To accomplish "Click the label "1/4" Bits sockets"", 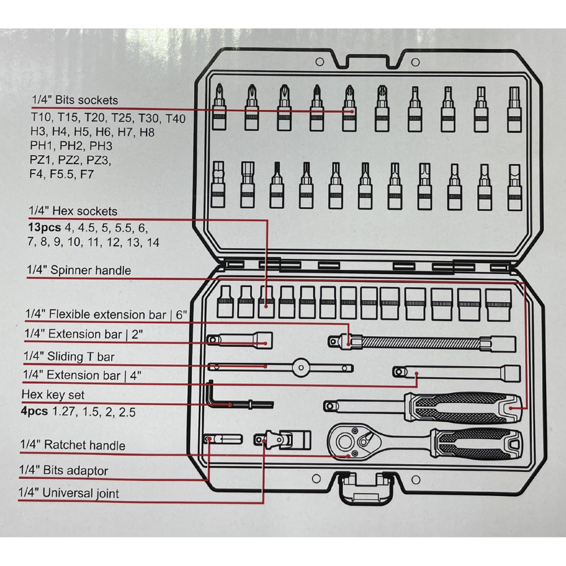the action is point(75,100).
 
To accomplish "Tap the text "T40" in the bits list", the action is point(175,118).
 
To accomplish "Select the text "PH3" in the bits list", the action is point(101,146).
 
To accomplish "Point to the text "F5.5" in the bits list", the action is point(61,174).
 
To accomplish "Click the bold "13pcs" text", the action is point(44,228).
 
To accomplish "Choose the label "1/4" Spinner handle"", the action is point(79,270).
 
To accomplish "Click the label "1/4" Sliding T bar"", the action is point(69,357).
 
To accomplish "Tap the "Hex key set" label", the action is point(53,395).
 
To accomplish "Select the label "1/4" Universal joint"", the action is point(68,493).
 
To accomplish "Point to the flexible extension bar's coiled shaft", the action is point(421,343).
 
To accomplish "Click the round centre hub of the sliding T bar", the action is point(301,368).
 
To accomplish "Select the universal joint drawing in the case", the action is point(282,440).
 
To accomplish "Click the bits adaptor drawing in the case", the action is point(223,439).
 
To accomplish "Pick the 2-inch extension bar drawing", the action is point(239,340).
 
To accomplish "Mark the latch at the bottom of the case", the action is point(366,488).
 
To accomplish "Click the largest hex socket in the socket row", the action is point(498,305).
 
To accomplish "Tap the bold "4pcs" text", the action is point(35,411).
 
